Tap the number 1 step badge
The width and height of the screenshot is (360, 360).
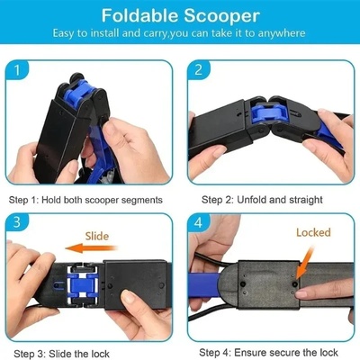22,68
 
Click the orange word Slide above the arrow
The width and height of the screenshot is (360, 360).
99,236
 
